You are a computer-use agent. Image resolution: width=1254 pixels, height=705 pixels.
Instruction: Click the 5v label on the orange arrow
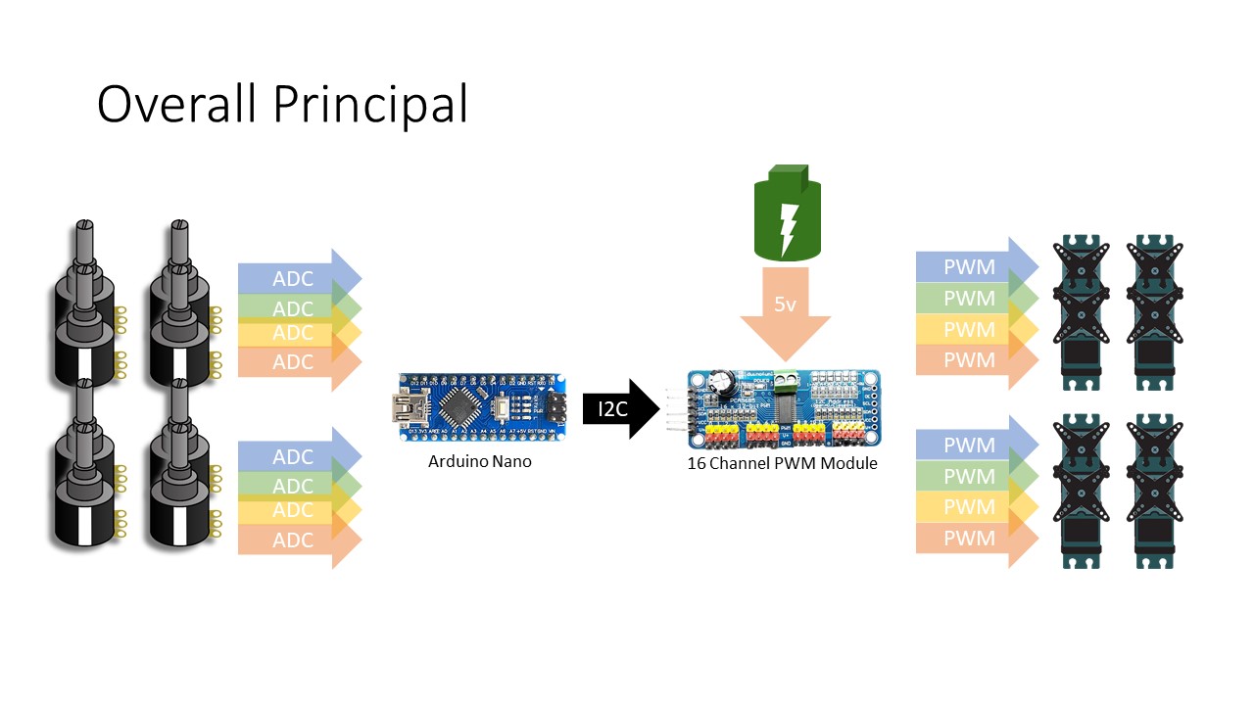click(785, 305)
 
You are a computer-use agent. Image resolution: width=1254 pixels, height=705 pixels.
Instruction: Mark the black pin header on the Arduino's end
click(555, 404)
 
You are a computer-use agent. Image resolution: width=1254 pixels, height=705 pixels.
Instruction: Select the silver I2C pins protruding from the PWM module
click(677, 409)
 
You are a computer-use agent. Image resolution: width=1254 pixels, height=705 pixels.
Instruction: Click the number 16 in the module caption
click(697, 463)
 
